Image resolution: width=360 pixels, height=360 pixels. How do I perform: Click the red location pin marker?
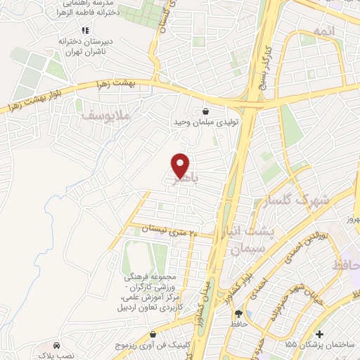(181, 165)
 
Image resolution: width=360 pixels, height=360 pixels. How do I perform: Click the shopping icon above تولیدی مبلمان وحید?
(205, 111)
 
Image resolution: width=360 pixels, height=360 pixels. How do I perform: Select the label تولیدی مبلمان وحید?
(204, 123)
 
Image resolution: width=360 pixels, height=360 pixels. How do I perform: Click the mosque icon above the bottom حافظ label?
(238, 314)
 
